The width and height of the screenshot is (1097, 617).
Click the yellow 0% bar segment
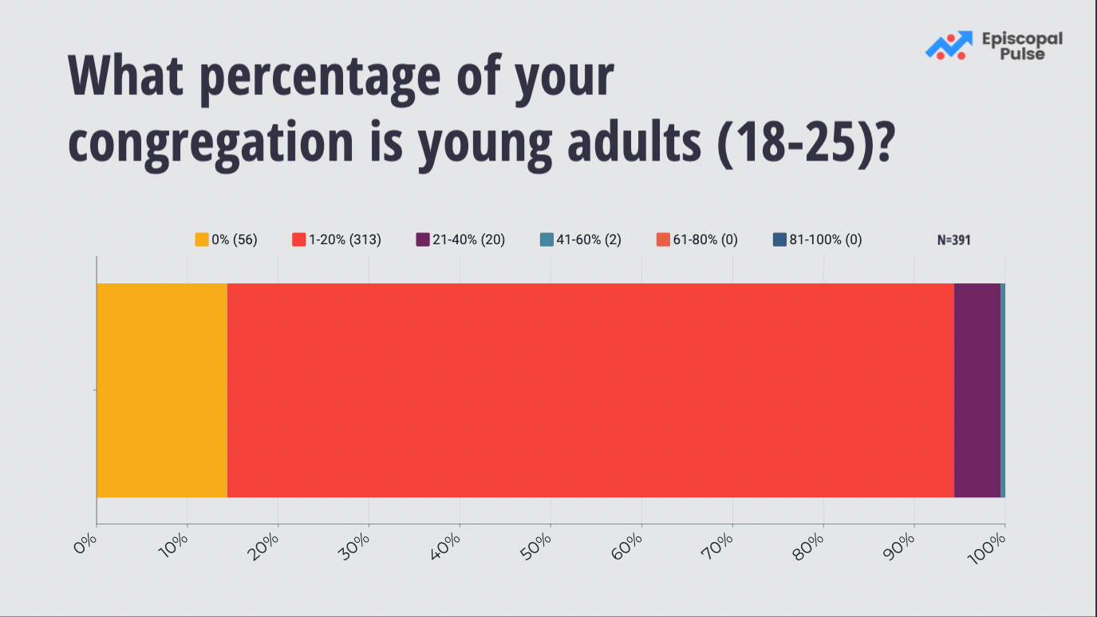pos(162,390)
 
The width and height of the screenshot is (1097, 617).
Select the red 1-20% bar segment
pos(590,390)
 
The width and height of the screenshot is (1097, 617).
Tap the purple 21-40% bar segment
pos(977,390)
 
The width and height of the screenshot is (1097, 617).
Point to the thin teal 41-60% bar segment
pos(1003,390)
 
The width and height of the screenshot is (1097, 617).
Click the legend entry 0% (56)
pos(227,239)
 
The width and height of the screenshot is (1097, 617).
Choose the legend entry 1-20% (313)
pos(337,239)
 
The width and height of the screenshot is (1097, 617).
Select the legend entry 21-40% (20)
pos(460,239)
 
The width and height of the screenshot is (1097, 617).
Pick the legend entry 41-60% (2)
pos(581,239)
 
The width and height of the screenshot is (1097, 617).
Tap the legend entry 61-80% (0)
pos(696,239)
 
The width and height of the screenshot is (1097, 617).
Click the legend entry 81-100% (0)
pos(817,239)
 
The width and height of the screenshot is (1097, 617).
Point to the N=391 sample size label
pos(954,240)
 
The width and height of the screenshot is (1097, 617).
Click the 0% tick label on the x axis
pos(85,544)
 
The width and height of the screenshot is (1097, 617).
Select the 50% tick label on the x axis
pos(536,547)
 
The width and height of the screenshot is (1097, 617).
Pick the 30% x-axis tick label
pos(354,547)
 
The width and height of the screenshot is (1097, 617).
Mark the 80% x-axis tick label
pos(808,547)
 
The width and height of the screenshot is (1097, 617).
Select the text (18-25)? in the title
pos(806,142)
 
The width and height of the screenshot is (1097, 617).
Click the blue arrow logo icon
pos(949,45)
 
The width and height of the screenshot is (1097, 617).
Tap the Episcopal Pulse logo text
pos(1023,46)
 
